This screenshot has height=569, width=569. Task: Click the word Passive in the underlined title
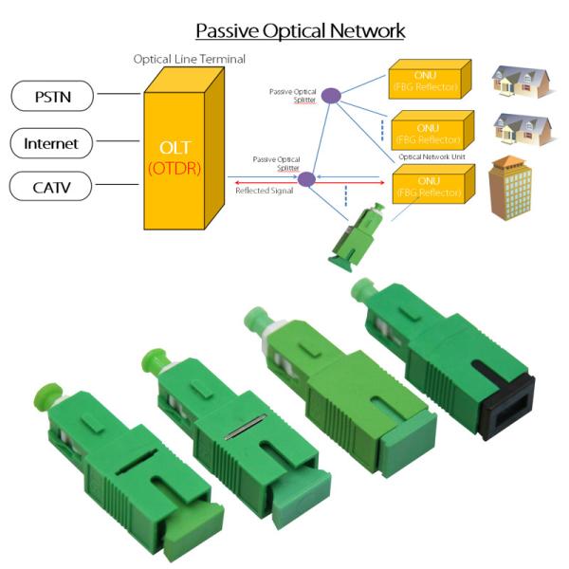pyautogui.click(x=228, y=30)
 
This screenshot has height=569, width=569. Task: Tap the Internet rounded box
pyautogui.click(x=52, y=144)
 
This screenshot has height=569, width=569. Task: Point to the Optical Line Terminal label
pyautogui.click(x=189, y=59)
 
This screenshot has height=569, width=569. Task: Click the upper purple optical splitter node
pyautogui.click(x=330, y=95)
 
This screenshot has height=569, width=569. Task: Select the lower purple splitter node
pyautogui.click(x=305, y=178)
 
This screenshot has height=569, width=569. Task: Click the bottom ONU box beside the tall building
pyautogui.click(x=431, y=181)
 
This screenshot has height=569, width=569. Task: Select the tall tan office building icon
pyautogui.click(x=510, y=188)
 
